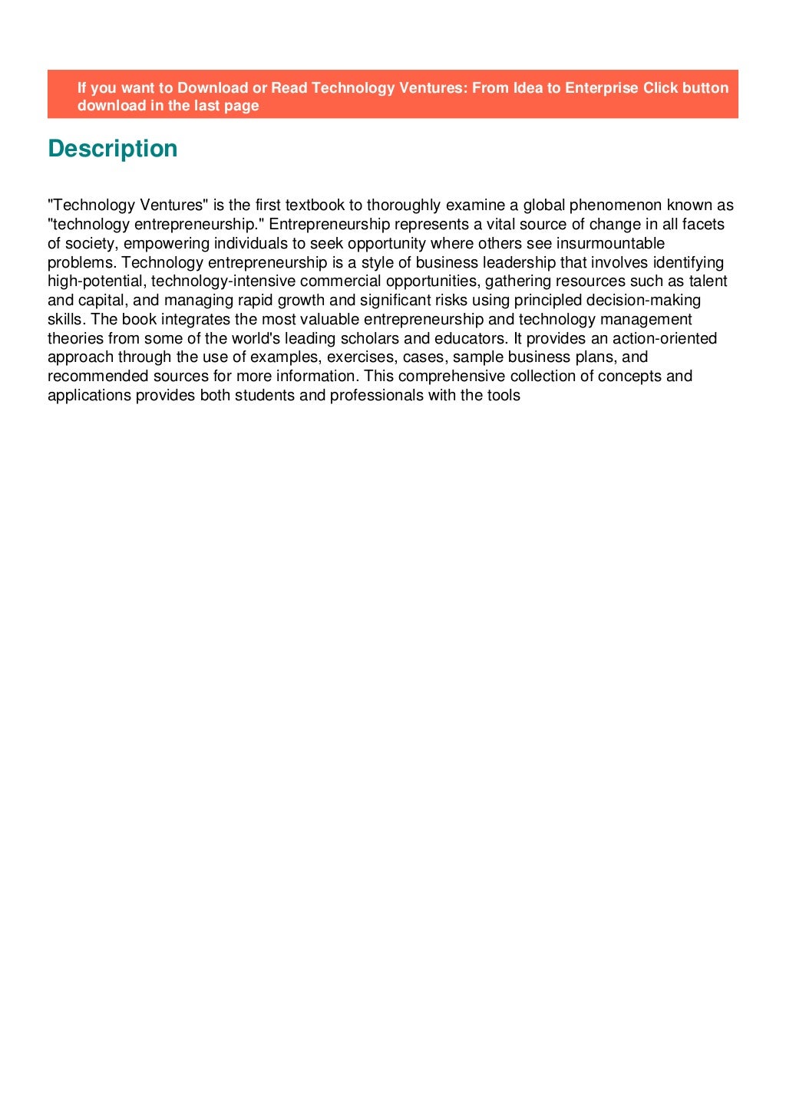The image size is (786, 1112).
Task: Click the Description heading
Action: click(x=112, y=149)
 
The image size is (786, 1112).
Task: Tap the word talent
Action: click(x=708, y=281)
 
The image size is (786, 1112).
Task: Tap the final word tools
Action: click(x=504, y=396)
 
